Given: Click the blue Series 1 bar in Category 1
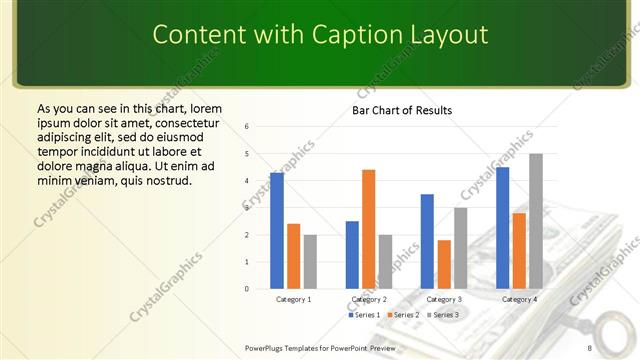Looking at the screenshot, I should point(277,231).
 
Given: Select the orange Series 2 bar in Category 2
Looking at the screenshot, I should point(368,229).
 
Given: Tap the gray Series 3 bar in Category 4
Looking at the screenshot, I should point(536,221).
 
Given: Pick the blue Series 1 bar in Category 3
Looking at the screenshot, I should point(427,241).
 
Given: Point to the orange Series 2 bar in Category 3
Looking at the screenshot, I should point(444,264).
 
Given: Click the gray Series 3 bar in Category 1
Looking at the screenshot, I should point(310,261).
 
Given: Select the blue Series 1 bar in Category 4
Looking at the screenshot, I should point(502,228).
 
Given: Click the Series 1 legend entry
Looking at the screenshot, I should point(364,315).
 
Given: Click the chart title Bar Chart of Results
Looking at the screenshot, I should point(402,110).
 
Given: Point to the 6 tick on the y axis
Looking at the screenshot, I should point(247,127).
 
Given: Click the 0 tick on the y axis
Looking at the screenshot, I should point(247,289).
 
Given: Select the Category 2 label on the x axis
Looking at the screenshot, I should point(369,299).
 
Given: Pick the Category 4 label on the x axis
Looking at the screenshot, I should point(519,299).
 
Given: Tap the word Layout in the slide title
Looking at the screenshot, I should point(447,35).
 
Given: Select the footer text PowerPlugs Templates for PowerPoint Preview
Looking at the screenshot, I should point(320,347).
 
